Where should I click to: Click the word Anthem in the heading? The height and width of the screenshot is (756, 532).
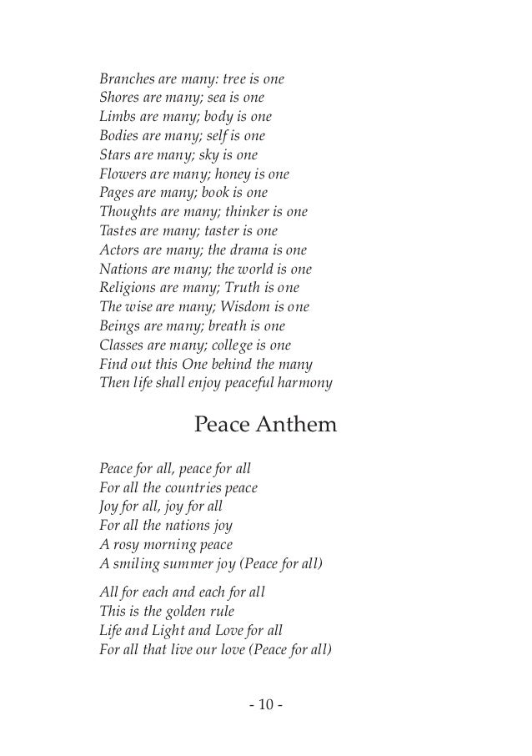[295, 426]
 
